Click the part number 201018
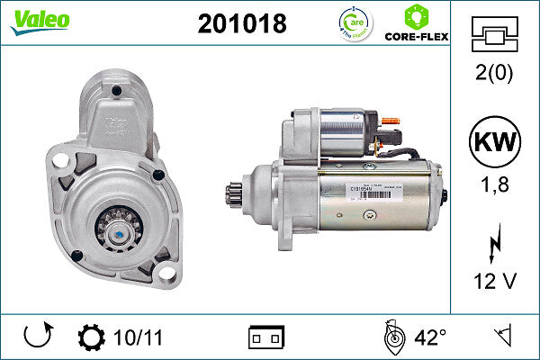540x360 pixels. pyautogui.click(x=241, y=24)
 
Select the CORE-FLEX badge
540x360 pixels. pyautogui.click(x=417, y=23)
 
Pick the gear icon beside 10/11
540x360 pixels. pyautogui.click(x=92, y=337)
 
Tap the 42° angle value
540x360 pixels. pyautogui.click(x=430, y=337)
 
